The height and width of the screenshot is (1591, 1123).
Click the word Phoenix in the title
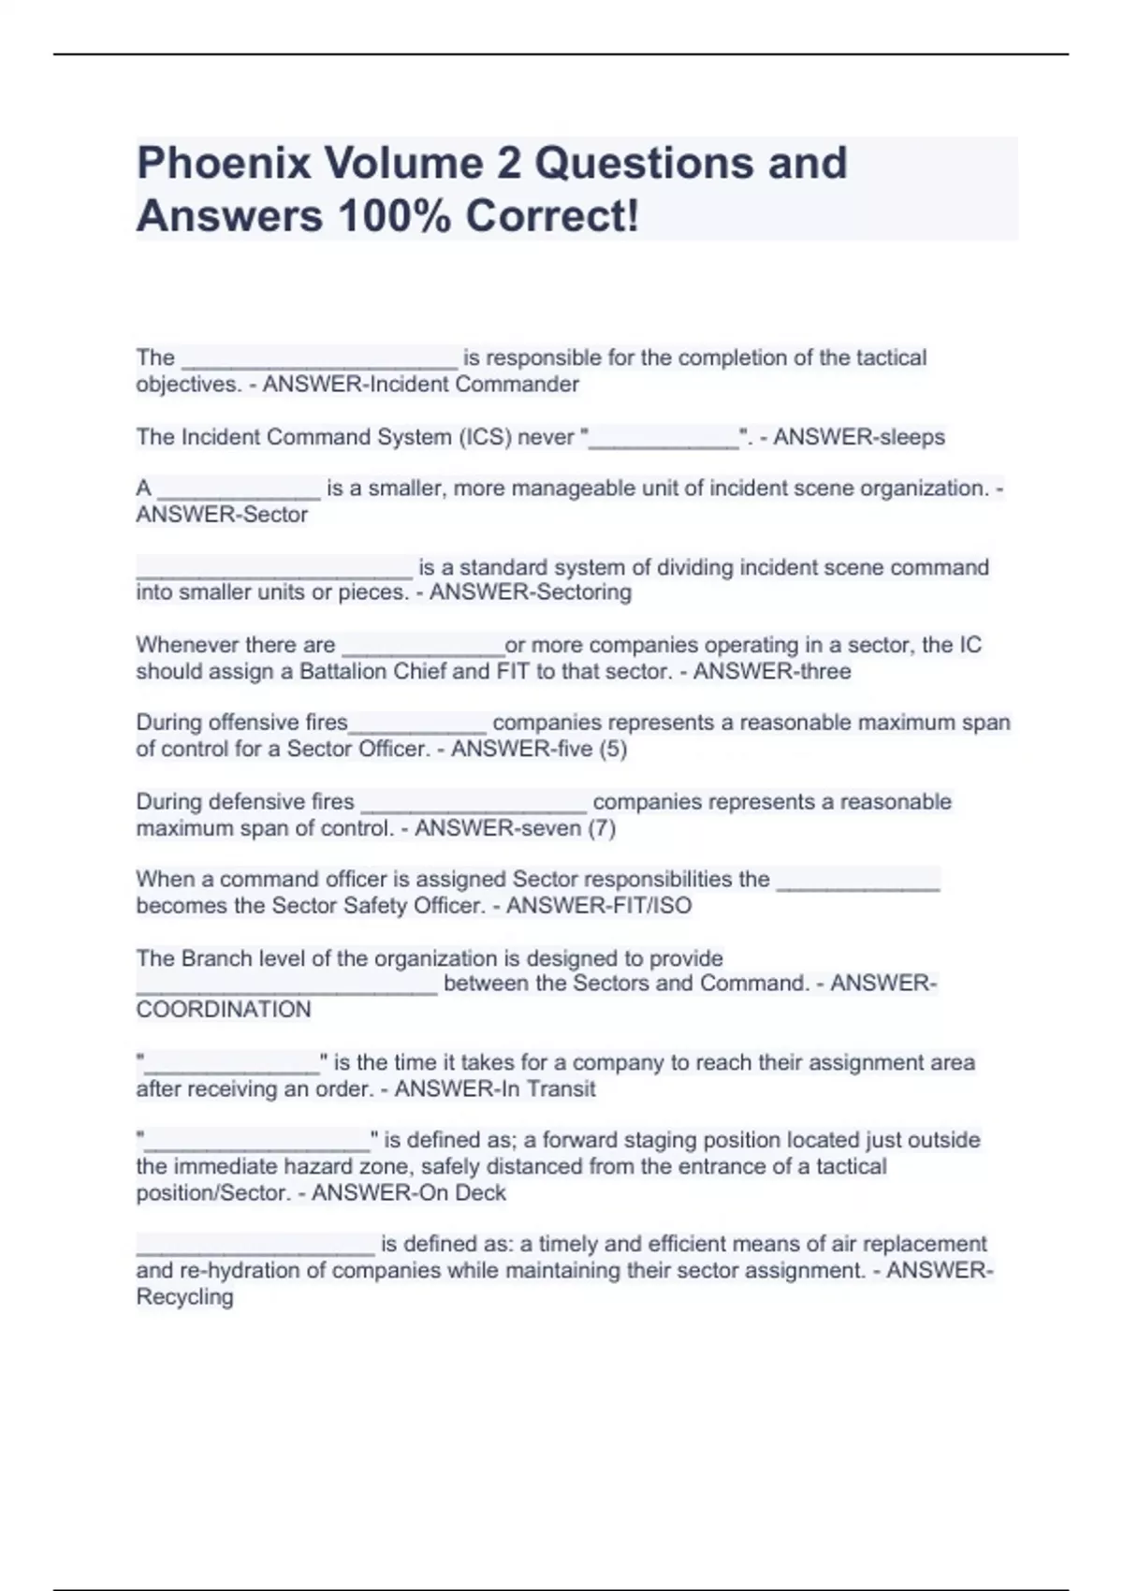pos(224,163)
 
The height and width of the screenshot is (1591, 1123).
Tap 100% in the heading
pos(392,216)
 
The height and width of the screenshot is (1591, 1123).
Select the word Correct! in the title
pos(553,216)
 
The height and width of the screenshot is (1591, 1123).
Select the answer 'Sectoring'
pos(580,592)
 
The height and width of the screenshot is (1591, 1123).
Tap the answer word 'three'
pos(824,671)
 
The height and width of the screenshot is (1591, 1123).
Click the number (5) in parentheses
pos(613,749)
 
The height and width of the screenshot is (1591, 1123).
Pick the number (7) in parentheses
pos(601,828)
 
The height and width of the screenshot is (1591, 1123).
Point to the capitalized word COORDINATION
pos(224,1010)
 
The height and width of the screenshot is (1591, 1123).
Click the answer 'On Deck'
pos(467,1193)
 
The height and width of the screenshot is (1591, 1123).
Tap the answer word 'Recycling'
pos(184,1297)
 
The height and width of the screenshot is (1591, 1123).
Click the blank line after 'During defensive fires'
pos(474,807)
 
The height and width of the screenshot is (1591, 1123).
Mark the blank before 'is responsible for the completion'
pos(319,363)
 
